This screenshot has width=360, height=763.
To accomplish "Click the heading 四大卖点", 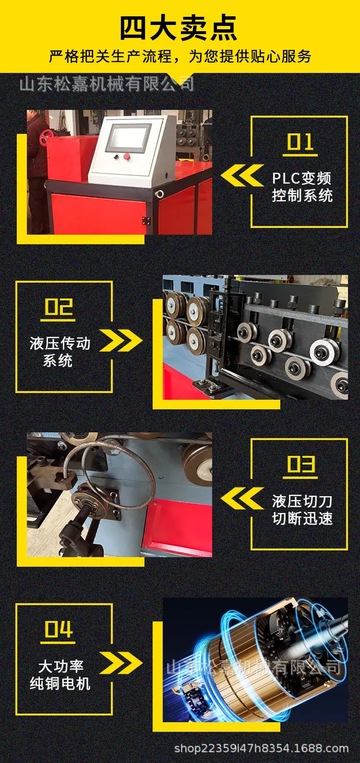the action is click(x=179, y=28).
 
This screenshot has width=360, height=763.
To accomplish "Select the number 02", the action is click(x=59, y=307).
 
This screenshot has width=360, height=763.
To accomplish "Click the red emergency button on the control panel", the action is click(x=127, y=156).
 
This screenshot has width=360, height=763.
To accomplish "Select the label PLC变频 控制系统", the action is click(x=302, y=187).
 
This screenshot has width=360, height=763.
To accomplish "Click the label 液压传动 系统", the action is click(x=60, y=352).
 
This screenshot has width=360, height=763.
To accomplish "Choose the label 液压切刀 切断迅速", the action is click(x=302, y=510).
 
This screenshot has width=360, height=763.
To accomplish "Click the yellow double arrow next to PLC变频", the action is click(x=242, y=176).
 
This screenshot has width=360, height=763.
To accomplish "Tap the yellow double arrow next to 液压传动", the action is click(x=121, y=340).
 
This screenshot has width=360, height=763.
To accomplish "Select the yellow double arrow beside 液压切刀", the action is click(x=242, y=498).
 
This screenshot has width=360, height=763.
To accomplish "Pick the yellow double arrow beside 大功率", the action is click(x=121, y=663).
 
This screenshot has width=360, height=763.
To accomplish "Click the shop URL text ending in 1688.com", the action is click(x=262, y=748).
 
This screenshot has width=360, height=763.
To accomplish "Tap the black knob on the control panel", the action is click(x=116, y=157).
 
